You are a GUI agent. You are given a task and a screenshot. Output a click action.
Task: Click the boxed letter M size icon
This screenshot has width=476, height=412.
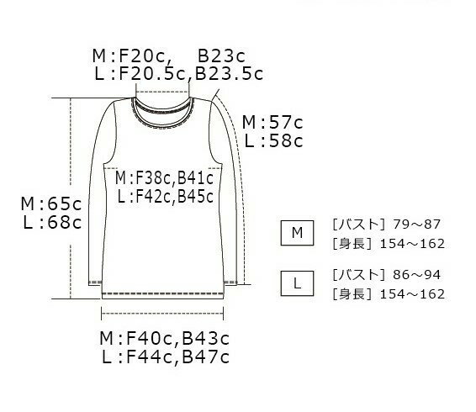(x=297, y=233)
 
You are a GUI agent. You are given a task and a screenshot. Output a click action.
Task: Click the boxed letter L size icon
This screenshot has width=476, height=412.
(x=297, y=283)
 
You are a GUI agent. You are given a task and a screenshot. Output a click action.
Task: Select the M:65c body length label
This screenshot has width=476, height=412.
(x=51, y=203)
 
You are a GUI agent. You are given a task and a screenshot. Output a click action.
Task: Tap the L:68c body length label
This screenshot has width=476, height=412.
(x=52, y=222)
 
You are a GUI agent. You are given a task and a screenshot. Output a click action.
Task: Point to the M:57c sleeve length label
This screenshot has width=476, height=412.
(x=272, y=123)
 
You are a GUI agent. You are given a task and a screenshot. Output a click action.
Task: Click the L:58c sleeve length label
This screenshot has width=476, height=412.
(x=273, y=141)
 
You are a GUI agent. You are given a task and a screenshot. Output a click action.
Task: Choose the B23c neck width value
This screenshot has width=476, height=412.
(x=221, y=55)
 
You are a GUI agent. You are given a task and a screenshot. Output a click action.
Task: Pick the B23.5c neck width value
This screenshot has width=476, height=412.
(x=229, y=74)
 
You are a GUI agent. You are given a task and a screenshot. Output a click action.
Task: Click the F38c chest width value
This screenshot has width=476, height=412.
(x=153, y=178)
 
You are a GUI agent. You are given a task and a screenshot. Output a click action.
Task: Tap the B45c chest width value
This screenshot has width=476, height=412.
(x=195, y=196)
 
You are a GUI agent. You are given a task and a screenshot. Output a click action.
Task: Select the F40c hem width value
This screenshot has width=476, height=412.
(x=149, y=338)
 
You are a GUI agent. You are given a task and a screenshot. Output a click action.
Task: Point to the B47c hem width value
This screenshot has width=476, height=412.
(x=205, y=357)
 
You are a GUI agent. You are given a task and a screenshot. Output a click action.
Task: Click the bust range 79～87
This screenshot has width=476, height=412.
(x=416, y=224)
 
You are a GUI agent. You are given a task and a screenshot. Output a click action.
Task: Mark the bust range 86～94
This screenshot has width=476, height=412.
(x=416, y=274)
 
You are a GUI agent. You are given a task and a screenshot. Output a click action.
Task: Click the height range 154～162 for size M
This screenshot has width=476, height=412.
(x=412, y=244)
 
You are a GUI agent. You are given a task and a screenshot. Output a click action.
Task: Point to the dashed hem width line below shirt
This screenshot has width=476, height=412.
(x=162, y=313)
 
